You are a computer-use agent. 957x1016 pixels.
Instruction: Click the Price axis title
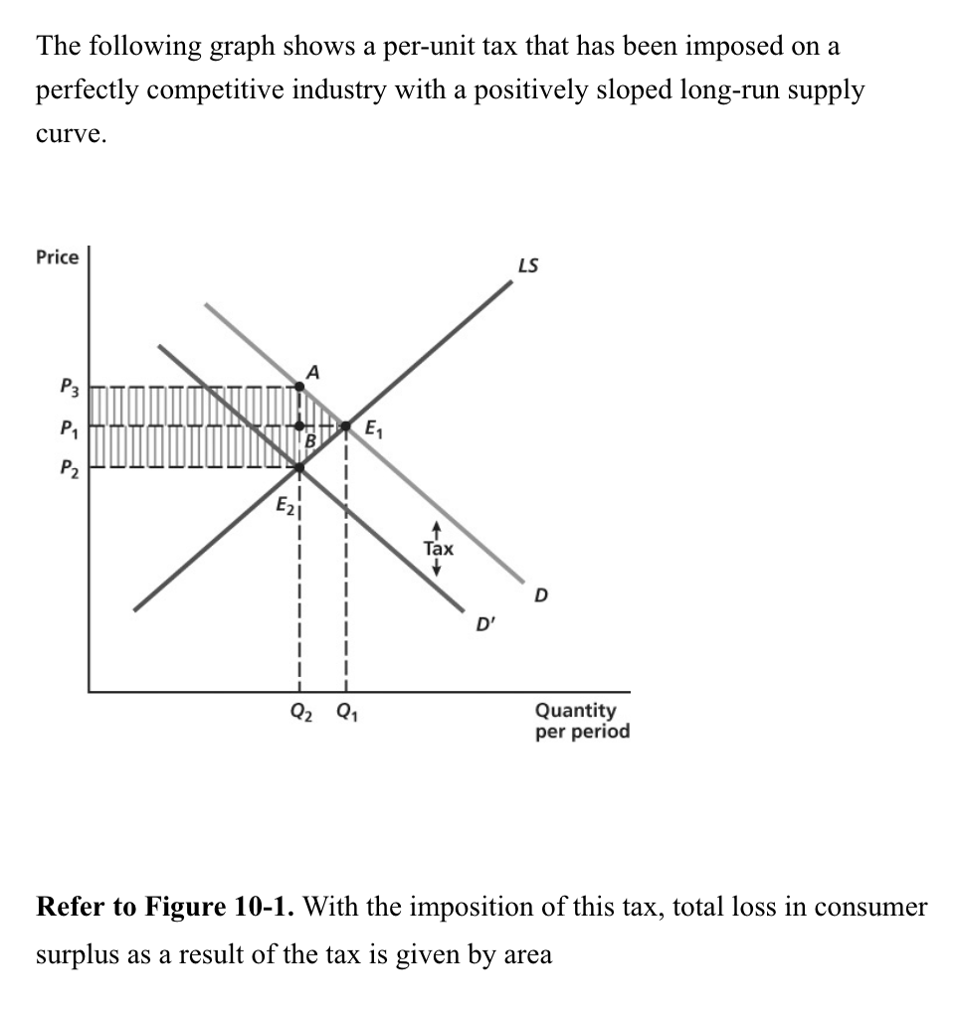tap(57, 257)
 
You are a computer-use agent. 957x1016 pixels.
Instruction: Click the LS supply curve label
tap(529, 265)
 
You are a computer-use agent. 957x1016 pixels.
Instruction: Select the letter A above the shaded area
tap(313, 371)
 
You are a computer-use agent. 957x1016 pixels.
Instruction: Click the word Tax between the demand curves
tap(438, 548)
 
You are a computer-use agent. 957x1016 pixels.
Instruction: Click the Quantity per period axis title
tap(582, 721)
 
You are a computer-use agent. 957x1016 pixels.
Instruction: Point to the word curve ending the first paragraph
tap(71, 136)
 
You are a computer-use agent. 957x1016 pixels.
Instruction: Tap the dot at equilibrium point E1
tap(346, 426)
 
